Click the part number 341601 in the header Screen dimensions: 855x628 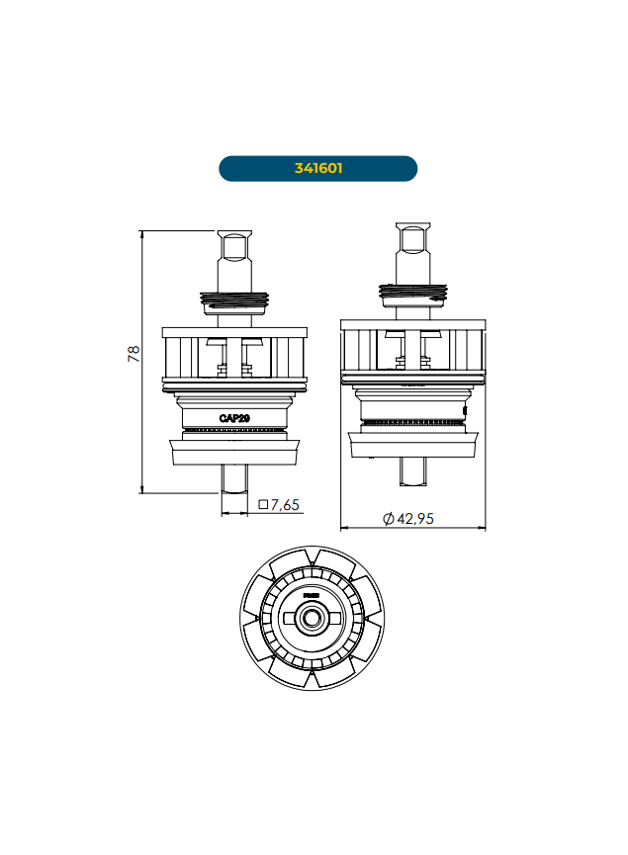pyautogui.click(x=317, y=168)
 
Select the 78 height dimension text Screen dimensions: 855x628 pyautogui.click(x=133, y=354)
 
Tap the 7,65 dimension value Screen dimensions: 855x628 pyautogui.click(x=285, y=505)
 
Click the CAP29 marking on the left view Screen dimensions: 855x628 pyautogui.click(x=234, y=418)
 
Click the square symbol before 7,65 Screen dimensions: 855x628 pyautogui.click(x=263, y=505)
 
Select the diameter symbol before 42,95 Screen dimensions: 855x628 pyautogui.click(x=388, y=519)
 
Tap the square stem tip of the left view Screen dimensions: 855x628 pyautogui.click(x=234, y=245)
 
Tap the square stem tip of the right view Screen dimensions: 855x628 pyautogui.click(x=412, y=237)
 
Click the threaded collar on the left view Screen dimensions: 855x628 pyautogui.click(x=234, y=299)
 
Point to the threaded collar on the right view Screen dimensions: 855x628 pyautogui.click(x=412, y=293)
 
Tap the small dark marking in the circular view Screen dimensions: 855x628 pyautogui.click(x=312, y=596)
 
